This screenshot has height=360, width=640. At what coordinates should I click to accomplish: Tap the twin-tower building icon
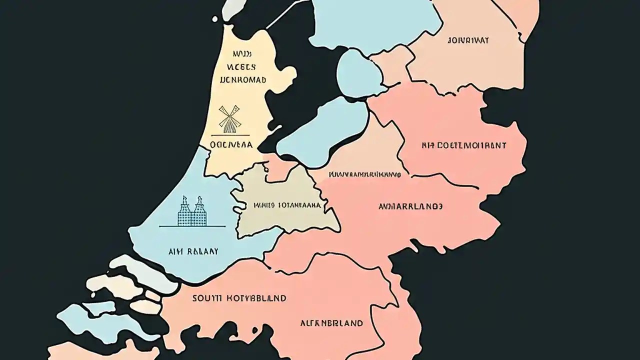pyautogui.click(x=192, y=210)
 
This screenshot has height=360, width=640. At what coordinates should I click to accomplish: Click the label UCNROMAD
pyautogui.click(x=242, y=79)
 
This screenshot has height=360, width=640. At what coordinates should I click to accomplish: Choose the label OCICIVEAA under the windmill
pyautogui.click(x=231, y=145)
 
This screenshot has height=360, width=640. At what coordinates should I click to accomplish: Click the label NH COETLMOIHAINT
pyautogui.click(x=463, y=145)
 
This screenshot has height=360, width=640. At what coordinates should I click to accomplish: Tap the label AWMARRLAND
pyautogui.click(x=410, y=206)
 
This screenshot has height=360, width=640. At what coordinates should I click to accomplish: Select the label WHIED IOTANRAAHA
pyautogui.click(x=287, y=204)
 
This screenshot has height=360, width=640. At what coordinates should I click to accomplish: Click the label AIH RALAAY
pyautogui.click(x=193, y=251)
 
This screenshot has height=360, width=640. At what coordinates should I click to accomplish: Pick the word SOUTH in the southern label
pyautogui.click(x=205, y=298)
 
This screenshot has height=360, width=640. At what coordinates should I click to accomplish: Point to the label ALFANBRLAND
pyautogui.click(x=331, y=323)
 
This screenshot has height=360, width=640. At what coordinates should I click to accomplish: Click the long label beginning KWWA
pyautogui.click(x=364, y=175)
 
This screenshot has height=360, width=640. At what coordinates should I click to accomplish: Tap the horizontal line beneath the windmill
pyautogui.click(x=229, y=135)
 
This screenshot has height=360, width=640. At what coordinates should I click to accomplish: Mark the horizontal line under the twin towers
pyautogui.click(x=192, y=226)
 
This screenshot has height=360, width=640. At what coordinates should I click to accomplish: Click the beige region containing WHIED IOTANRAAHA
pyautogui.click(x=280, y=220)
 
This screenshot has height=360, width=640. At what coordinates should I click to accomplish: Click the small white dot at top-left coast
pyautogui.click(x=215, y=19)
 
